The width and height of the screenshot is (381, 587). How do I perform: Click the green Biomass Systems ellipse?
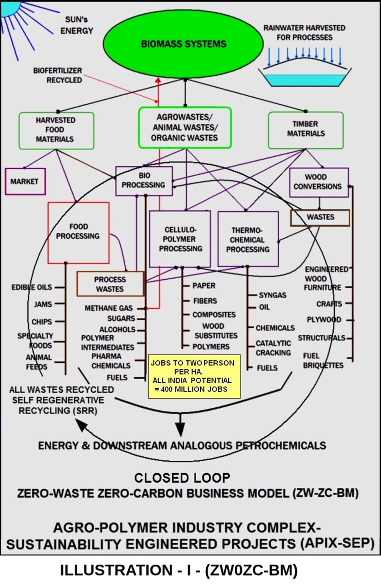(x=183, y=43)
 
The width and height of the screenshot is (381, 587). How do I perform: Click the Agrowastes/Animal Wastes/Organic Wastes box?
(x=184, y=127)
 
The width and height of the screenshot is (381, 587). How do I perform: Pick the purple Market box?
(x=25, y=181)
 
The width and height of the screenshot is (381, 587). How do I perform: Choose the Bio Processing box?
(x=143, y=180)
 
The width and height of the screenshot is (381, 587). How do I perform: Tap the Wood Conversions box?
(x=318, y=182)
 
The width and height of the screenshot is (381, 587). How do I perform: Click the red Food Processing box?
(x=78, y=232)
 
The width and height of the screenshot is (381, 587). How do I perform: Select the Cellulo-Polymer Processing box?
(x=180, y=239)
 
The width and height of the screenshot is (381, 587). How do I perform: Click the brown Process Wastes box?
(x=110, y=284)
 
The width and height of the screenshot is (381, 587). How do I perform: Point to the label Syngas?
(x=272, y=295)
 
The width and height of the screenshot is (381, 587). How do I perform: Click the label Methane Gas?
(x=109, y=308)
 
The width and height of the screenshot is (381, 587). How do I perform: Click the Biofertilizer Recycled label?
(x=57, y=75)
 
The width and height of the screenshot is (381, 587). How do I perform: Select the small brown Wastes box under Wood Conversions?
(x=320, y=217)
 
